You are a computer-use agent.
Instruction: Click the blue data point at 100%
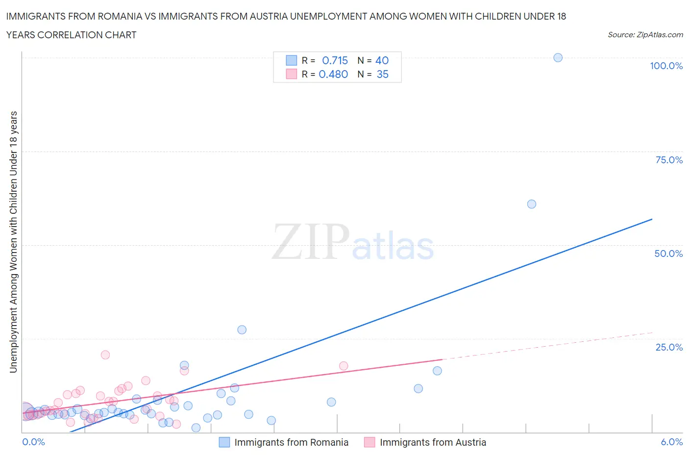(x=558, y=57)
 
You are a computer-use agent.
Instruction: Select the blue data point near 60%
(x=532, y=204)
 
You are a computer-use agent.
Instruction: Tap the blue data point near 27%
(x=242, y=329)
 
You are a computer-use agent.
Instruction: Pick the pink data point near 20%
(x=105, y=355)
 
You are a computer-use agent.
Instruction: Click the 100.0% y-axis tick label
(x=666, y=66)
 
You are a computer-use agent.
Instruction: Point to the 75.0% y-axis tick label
(x=668, y=160)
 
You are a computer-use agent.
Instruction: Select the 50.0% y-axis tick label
(x=668, y=253)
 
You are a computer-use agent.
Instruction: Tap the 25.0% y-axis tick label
(x=668, y=347)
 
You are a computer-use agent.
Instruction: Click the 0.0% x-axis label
(x=33, y=442)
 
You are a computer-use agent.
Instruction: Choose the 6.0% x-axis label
(x=671, y=442)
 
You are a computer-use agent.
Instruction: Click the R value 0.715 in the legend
(x=335, y=60)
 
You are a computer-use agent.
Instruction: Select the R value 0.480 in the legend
(x=333, y=74)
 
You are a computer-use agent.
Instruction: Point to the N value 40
(x=382, y=60)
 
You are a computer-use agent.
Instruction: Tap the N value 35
(x=382, y=74)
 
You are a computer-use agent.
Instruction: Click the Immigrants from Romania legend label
(x=291, y=442)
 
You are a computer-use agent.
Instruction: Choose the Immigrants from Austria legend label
(x=433, y=442)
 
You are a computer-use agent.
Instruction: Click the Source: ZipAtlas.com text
(x=645, y=34)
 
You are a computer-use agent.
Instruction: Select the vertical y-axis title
(x=13, y=242)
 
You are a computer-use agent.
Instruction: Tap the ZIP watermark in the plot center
(x=311, y=241)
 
